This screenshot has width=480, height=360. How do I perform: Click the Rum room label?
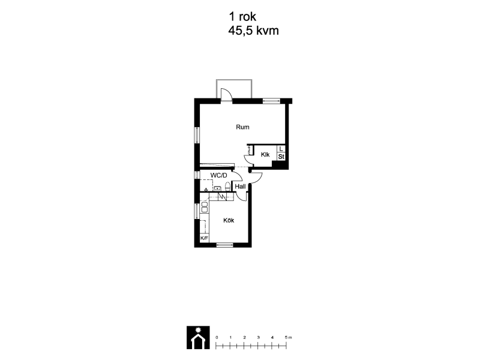[x=242, y=127]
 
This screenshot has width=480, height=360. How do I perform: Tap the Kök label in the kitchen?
[x=229, y=220]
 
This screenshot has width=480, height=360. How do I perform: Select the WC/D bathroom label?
[x=219, y=175]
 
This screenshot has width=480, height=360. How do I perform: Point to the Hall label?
[x=241, y=187]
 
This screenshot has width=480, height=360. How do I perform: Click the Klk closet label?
[x=265, y=155]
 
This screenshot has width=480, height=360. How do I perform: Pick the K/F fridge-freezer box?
[x=204, y=238]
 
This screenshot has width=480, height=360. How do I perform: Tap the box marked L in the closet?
[x=281, y=149]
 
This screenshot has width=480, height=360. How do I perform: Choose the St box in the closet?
[x=281, y=157]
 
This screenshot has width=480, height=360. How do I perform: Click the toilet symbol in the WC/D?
[x=227, y=187]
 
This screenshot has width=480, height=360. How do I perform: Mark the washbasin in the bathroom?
[x=218, y=188]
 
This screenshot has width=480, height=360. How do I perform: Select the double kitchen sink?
[x=204, y=207]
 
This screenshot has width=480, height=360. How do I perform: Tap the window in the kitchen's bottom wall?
[x=224, y=245]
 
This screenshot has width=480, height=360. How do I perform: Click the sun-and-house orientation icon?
[x=198, y=338]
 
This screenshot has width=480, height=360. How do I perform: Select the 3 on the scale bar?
[x=259, y=337]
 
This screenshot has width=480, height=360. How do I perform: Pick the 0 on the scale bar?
[x=217, y=337]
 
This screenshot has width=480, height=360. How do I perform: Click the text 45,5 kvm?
[x=253, y=31]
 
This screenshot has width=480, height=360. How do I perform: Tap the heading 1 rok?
[x=242, y=17]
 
